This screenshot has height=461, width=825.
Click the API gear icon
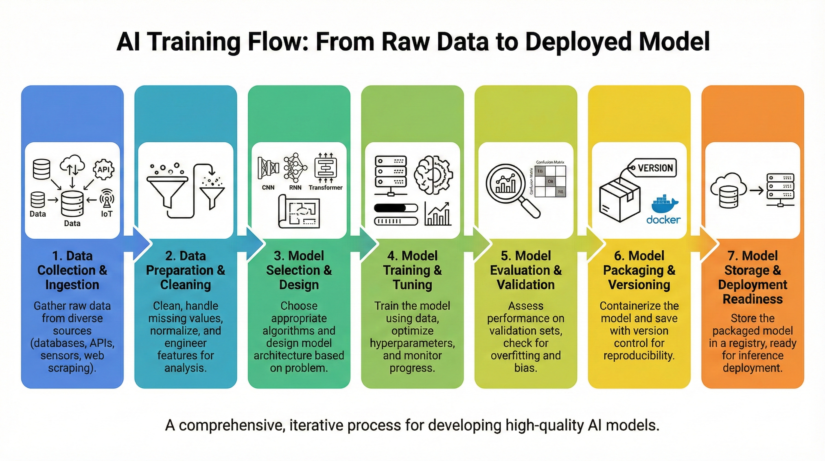103,169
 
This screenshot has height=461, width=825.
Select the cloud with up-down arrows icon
72,165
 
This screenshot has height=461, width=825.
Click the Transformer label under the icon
325,188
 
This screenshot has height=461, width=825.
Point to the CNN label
268,188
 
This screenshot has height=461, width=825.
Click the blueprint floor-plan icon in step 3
299,212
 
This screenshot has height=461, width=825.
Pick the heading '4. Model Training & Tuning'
412,270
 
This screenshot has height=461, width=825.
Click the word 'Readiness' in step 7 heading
753,299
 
